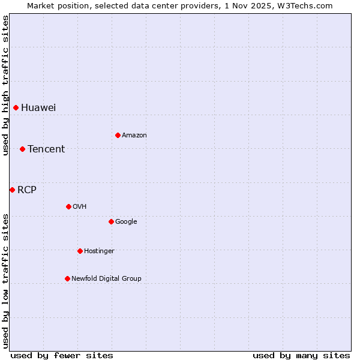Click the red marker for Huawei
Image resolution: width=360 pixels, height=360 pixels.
[16, 108]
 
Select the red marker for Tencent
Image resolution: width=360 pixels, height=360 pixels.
[23, 149]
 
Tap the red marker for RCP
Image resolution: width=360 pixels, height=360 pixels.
[12, 190]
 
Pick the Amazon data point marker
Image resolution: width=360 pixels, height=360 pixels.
[118, 136]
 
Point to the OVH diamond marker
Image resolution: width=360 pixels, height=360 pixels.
[68, 207]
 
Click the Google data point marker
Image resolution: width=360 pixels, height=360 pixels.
[111, 222]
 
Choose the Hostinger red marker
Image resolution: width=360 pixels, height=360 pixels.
[80, 251]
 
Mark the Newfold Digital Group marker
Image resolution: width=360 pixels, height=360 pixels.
[67, 278]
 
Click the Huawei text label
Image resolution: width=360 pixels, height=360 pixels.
[38, 108]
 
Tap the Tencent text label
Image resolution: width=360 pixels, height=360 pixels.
[46, 149]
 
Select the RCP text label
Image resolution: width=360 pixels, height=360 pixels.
[27, 190]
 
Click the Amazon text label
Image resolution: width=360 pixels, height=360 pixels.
[134, 136]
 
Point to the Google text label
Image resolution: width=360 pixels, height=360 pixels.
[126, 222]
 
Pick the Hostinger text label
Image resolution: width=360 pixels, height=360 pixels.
[99, 251]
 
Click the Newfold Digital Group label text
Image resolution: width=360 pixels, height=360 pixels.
[106, 278]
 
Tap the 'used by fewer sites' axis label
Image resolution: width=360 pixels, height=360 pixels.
[62, 355]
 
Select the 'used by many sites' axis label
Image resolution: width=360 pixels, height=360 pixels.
[301, 355]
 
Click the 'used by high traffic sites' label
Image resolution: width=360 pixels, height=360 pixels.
[6, 86]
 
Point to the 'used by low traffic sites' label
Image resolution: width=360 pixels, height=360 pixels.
[6, 280]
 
